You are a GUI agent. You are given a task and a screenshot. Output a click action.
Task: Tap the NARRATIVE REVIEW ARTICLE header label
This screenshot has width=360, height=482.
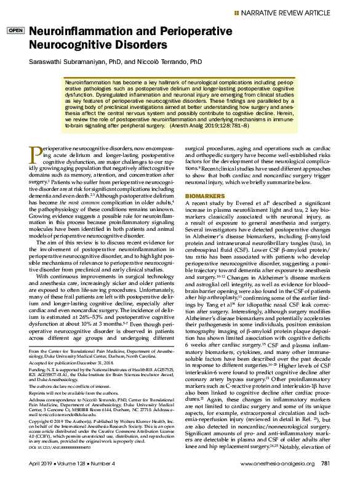297,12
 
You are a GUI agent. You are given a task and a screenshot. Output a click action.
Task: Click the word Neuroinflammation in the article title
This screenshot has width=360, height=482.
75,31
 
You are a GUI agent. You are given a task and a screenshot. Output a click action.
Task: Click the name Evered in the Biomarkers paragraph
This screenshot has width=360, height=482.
260,185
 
